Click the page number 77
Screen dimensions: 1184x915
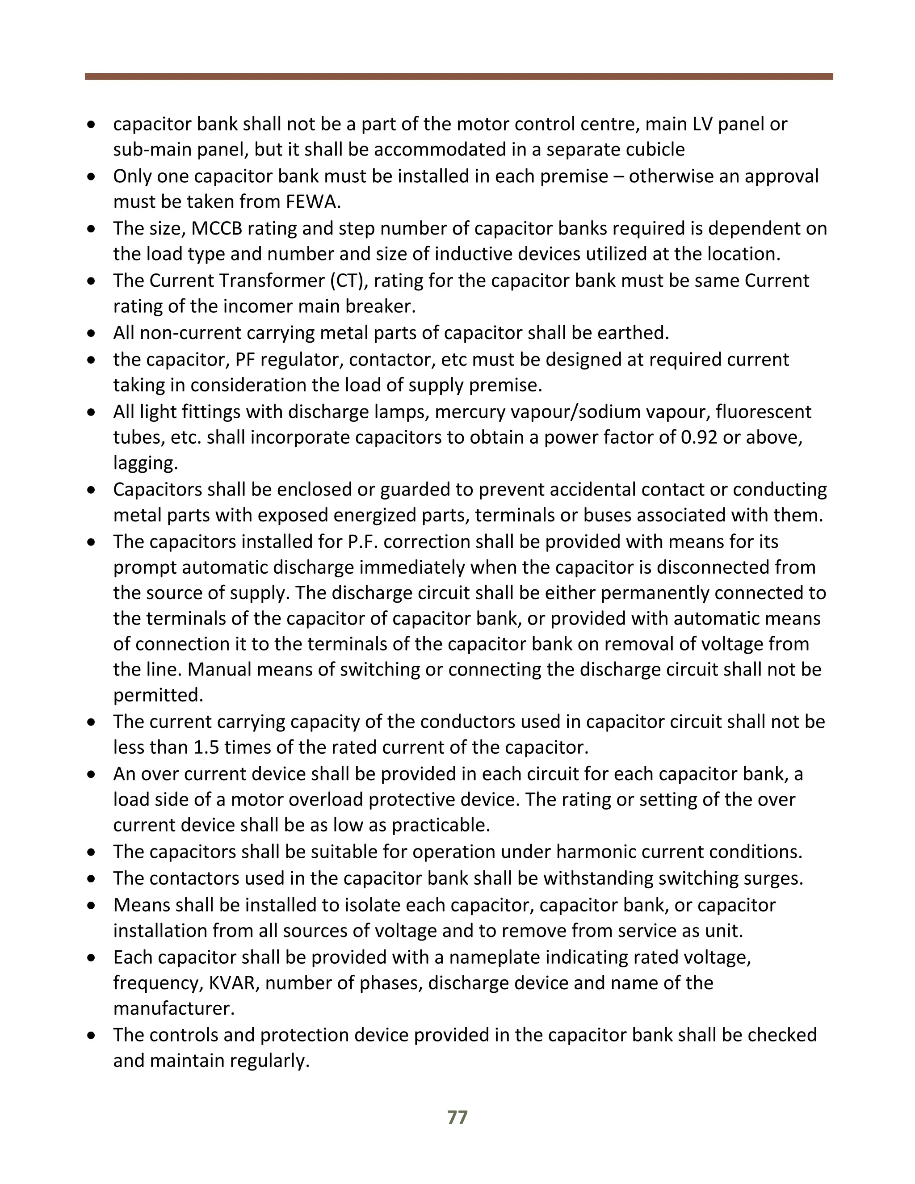click(457, 1117)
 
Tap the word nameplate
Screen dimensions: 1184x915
click(494, 957)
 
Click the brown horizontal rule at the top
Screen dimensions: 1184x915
click(458, 77)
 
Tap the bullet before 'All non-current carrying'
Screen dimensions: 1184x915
click(92, 333)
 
